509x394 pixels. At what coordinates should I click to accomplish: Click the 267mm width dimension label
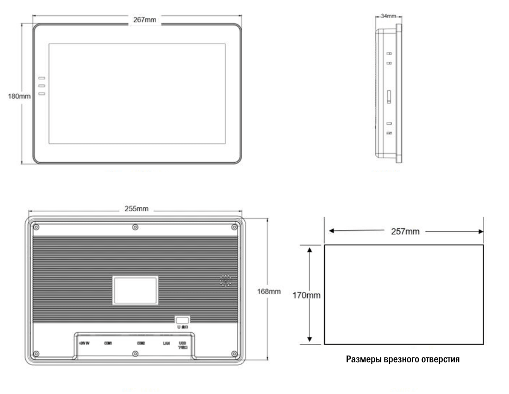[145, 19]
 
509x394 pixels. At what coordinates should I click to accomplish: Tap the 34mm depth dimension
[388, 16]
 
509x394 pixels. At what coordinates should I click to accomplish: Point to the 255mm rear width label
[136, 209]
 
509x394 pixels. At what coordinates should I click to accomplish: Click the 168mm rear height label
[269, 291]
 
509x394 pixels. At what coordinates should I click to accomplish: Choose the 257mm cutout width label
[405, 232]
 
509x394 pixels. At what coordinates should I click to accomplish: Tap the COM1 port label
[108, 343]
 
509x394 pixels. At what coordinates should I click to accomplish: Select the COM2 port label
[141, 343]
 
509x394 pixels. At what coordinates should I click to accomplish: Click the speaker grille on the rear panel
[225, 281]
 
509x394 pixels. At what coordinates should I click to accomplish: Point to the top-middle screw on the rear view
[135, 227]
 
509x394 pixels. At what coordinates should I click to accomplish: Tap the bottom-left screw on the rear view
[37, 354]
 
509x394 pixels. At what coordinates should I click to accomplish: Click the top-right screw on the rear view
[234, 227]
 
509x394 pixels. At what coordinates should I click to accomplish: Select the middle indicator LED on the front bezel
[42, 86]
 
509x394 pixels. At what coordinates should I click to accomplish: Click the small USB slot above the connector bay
[182, 320]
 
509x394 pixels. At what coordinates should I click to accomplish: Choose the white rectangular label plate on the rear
[135, 290]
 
